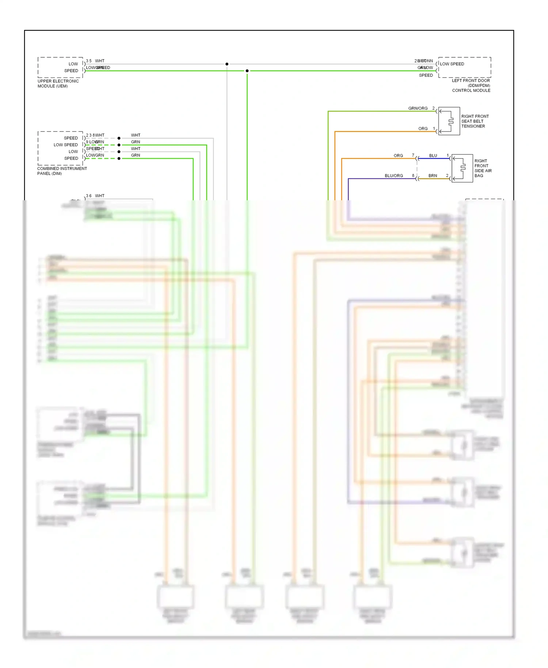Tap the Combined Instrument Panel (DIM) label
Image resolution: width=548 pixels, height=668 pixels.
[x=62, y=171]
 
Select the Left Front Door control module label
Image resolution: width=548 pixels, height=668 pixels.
[x=471, y=86]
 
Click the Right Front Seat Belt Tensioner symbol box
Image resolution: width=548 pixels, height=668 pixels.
[x=449, y=121]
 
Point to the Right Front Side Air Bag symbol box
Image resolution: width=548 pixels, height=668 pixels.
[x=462, y=168]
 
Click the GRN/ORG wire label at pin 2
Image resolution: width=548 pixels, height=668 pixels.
[x=418, y=109]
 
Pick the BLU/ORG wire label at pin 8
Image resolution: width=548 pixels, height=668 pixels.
[x=393, y=176]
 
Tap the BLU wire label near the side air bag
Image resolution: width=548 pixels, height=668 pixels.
[x=433, y=156]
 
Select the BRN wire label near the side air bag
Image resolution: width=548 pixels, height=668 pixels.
[x=433, y=176]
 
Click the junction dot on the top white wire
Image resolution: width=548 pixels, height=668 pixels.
[x=227, y=64]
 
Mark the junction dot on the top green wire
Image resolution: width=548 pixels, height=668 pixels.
[x=247, y=71]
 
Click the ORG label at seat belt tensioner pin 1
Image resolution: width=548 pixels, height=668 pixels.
[x=423, y=129]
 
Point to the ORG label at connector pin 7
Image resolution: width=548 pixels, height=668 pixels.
[x=398, y=156]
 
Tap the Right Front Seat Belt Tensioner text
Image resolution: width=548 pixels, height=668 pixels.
[x=475, y=121]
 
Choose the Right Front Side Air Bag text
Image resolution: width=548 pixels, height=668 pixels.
[x=483, y=168]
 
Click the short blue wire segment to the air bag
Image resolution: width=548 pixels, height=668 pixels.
[x=433, y=159]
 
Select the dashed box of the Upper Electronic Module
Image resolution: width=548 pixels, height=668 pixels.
[x=60, y=67]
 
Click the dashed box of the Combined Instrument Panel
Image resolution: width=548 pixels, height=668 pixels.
[x=60, y=148]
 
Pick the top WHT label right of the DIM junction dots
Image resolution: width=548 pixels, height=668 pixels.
[x=136, y=135]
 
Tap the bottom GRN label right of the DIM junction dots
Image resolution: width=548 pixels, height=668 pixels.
[x=136, y=155]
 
